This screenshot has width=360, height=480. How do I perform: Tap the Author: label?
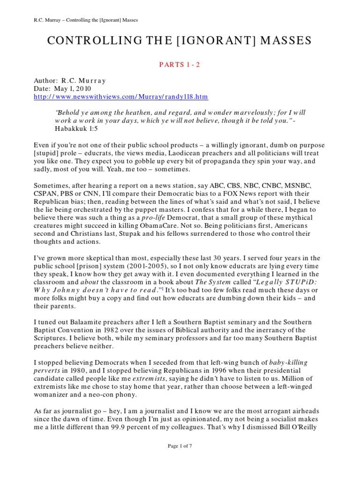[47, 81]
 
